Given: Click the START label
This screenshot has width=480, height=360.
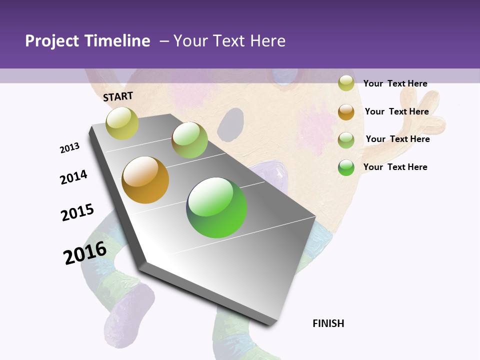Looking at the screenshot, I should coord(118,96).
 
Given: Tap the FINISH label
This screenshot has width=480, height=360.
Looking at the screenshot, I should coord(328,323).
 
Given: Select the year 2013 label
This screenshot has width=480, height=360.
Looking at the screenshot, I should coord(70,148).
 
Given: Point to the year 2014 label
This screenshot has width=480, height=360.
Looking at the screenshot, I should coord(73,177).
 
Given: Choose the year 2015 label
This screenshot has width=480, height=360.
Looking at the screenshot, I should coord(77,212).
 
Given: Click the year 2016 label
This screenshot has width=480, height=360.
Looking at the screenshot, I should coord(85,253).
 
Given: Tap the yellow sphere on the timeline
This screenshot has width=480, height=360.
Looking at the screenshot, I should coord(122,123).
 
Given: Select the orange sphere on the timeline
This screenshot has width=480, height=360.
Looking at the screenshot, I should coord(145,180).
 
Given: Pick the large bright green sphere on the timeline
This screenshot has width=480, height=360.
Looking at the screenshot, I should coord(216,207).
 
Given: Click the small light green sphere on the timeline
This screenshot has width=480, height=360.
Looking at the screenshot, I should coord(189,140).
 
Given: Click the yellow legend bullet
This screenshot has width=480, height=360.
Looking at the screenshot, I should coord(346,83).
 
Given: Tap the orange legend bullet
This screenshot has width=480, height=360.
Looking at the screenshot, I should coord(346,111).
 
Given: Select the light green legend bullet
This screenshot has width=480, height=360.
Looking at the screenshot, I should coord(346,139).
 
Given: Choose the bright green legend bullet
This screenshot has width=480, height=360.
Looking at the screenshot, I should coord(346,167).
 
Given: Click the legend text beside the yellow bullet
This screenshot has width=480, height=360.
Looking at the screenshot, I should coord(395,83).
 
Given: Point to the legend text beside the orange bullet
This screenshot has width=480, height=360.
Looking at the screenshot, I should coord(396,111).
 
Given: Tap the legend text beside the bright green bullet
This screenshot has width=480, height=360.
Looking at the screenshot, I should coord(395,167).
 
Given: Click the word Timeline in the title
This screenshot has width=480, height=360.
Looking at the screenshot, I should coord(117,41).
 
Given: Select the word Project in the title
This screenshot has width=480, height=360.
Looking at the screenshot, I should coord(52,41).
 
